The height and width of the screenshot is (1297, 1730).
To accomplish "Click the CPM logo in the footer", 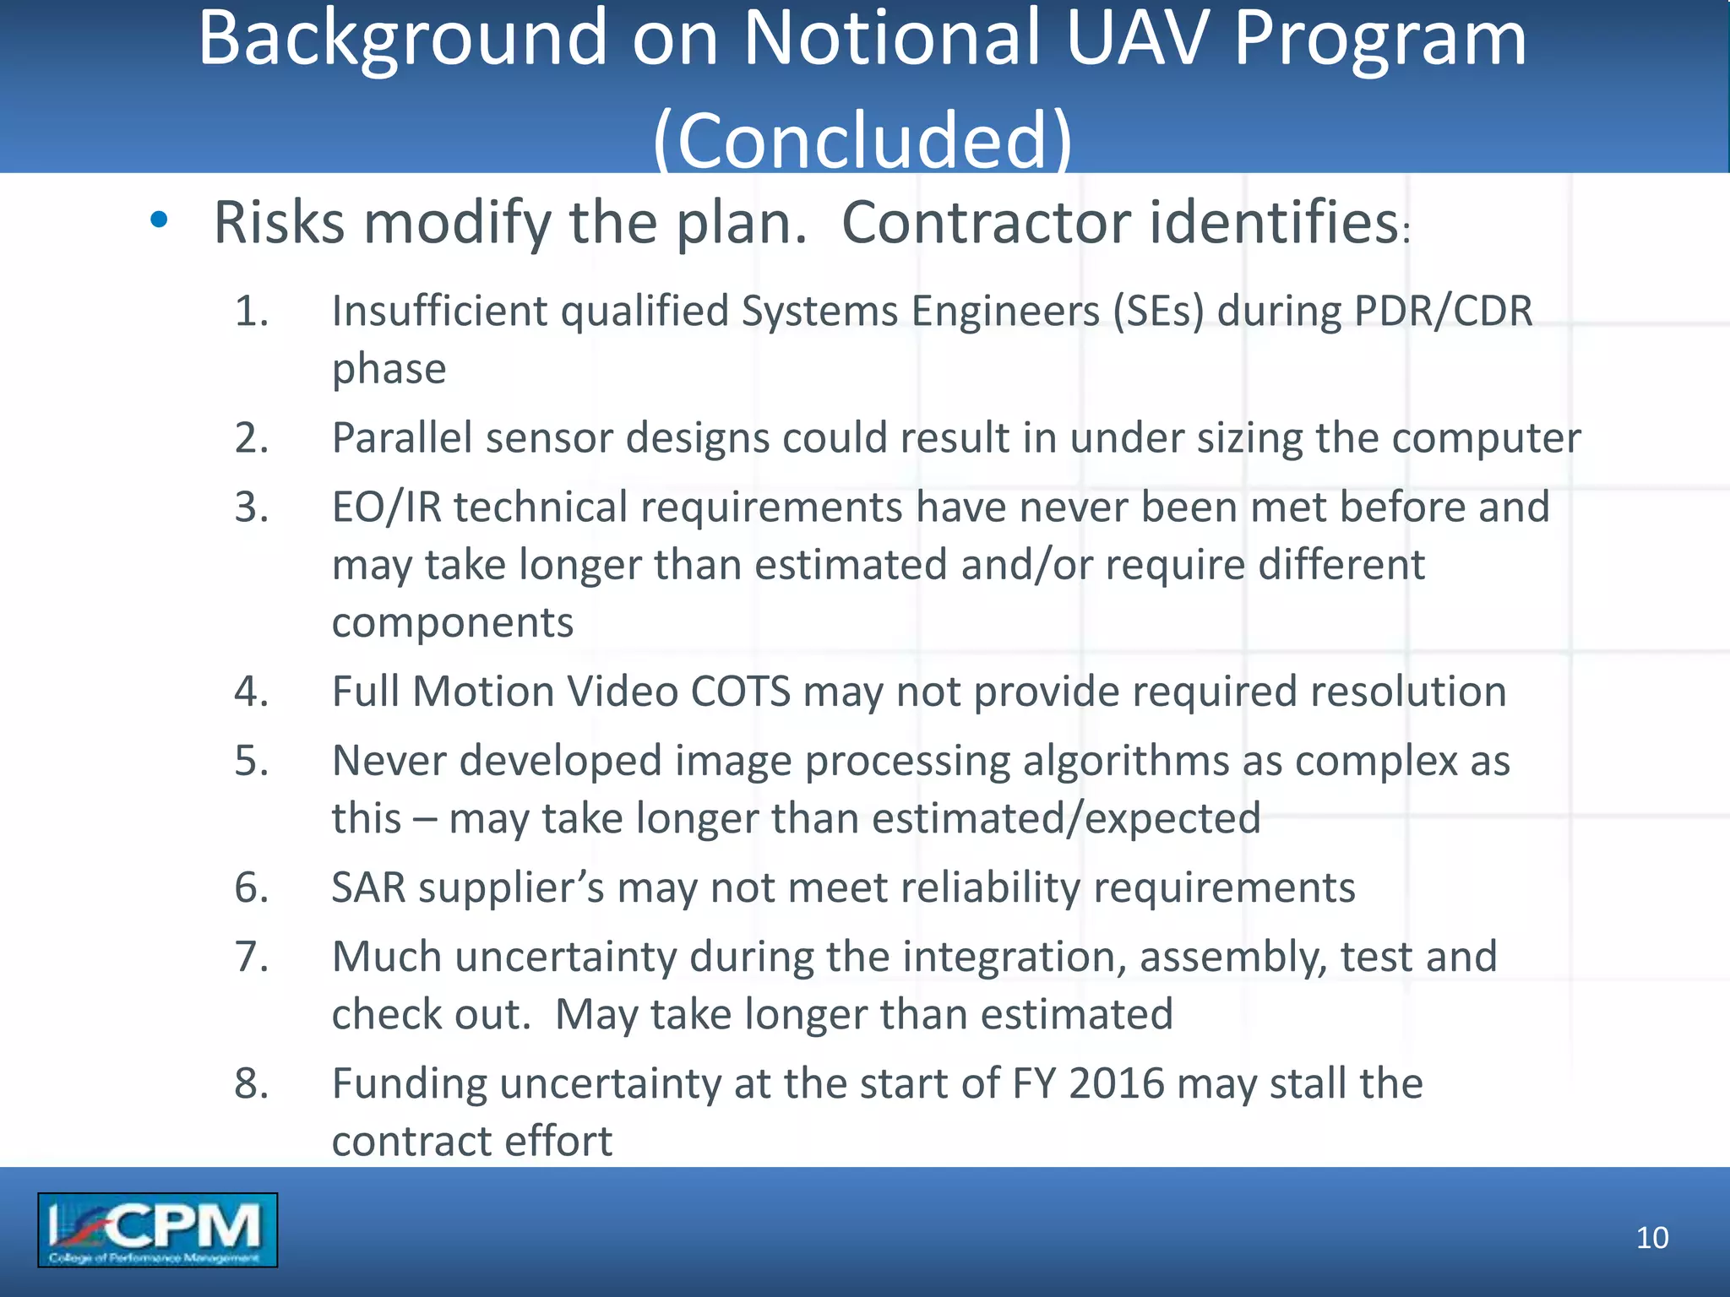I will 157,1229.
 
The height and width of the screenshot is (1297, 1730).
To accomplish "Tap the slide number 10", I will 1651,1238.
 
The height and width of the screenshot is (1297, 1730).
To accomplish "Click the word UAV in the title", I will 1137,39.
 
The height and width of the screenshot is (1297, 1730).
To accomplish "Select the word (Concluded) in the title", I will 862,139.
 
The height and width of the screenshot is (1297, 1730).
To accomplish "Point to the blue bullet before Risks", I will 159,220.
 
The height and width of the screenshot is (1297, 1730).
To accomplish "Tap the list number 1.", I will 251,311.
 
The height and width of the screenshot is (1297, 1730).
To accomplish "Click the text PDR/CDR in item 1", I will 1443,311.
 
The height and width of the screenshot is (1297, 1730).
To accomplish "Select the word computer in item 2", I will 1486,438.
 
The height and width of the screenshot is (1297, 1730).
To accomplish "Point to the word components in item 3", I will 452,623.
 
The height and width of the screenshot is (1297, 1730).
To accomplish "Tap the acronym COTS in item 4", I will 741,692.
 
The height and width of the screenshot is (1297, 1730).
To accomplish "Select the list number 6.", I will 251,887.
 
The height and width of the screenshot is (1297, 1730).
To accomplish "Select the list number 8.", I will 251,1083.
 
